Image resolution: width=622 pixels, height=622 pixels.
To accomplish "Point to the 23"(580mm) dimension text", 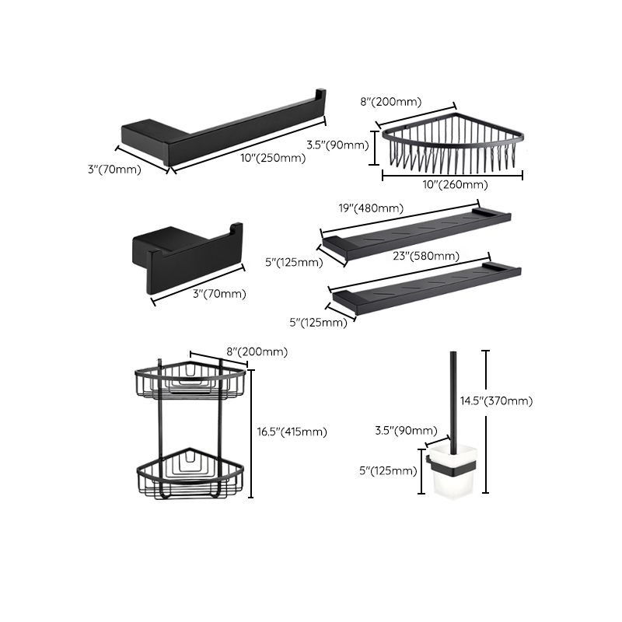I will pos(425,256).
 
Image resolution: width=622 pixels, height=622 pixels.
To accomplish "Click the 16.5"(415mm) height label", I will pos(292,432).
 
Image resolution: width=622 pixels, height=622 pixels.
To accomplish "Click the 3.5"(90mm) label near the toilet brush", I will pos(404,429).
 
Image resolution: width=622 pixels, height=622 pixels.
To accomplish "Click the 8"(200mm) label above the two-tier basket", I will pos(257,352).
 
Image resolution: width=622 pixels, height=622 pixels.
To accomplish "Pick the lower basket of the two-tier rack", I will pos(190,473).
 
